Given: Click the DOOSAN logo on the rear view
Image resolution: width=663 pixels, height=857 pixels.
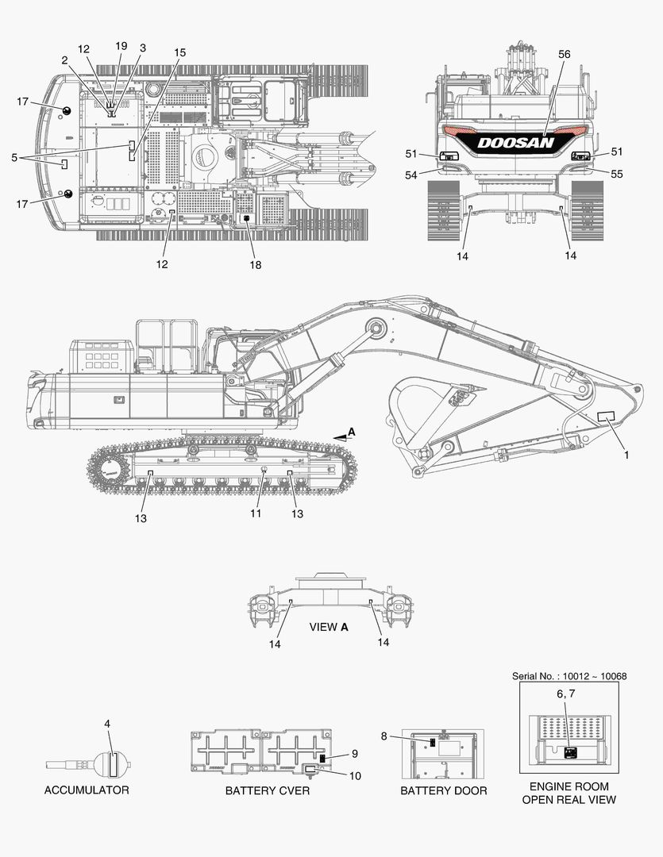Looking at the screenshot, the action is tap(515, 143).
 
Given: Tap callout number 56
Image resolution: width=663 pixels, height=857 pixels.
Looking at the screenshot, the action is tap(564, 54).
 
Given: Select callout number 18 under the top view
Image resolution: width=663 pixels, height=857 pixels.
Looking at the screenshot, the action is tap(256, 264).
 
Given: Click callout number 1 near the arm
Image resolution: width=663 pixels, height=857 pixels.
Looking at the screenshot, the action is tap(627, 455).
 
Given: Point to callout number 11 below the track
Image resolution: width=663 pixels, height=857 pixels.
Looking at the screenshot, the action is tap(256, 513).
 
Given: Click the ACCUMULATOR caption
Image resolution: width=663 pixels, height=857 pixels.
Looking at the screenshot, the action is tap(87, 790).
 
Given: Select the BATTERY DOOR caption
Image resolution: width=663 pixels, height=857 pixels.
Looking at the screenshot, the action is tap(444, 790).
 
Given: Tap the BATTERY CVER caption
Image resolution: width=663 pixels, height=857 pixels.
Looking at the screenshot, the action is tap(268, 790).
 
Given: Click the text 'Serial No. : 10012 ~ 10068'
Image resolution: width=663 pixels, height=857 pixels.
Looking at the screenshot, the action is tap(569, 676).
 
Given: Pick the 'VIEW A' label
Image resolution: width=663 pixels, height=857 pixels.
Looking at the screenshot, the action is tap(329, 627).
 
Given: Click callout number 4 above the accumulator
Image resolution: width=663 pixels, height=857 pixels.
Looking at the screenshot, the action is tap(107, 724).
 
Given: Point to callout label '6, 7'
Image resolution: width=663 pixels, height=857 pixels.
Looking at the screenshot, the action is tap(565, 694).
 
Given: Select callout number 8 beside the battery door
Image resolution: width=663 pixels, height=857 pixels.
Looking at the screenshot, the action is tap(384, 736).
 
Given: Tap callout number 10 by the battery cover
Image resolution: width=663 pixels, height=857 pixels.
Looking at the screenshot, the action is tap(355, 775).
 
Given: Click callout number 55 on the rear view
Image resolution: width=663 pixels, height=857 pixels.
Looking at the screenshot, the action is tap(616, 174).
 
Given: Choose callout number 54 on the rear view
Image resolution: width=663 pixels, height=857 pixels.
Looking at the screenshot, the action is tap(411, 175).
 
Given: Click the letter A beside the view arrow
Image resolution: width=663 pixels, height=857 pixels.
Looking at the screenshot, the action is tap(352, 432).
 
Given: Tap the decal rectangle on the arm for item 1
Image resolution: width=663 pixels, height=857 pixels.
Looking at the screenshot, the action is tap(606, 416).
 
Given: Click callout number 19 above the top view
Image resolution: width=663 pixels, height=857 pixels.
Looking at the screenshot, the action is tap(121, 46).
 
